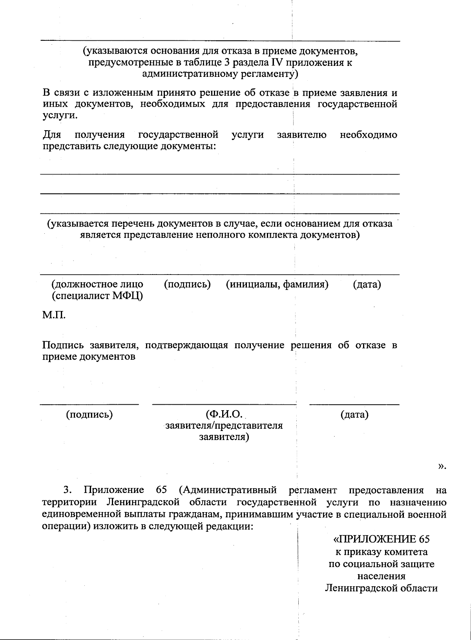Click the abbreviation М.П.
click(x=54, y=315)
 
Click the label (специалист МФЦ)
click(x=97, y=296)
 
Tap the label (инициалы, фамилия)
click(x=277, y=284)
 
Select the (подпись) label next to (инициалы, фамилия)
click(x=187, y=284)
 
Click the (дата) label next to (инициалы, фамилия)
click(x=367, y=284)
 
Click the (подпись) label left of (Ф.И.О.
click(x=89, y=414)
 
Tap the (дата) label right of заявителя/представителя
click(x=354, y=414)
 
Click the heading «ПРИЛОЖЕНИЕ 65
click(x=382, y=539)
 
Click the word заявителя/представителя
click(x=224, y=425)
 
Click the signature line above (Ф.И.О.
click(x=224, y=404)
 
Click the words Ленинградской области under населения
click(x=381, y=589)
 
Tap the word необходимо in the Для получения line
click(x=369, y=135)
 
